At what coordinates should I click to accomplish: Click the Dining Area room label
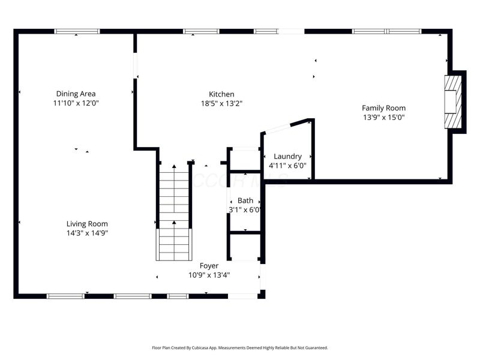(76, 94)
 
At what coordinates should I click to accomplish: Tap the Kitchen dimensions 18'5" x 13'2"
(221, 103)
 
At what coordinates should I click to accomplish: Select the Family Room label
(383, 108)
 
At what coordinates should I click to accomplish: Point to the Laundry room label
(287, 157)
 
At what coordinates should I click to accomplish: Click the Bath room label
(245, 200)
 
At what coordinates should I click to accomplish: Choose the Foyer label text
(209, 266)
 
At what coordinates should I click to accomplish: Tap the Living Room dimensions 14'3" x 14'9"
(87, 233)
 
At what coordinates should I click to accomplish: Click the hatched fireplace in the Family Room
(454, 102)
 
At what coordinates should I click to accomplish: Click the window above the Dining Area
(77, 31)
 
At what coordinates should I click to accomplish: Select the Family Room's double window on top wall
(386, 31)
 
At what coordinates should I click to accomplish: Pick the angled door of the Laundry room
(277, 128)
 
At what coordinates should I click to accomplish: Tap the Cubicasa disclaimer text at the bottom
(239, 348)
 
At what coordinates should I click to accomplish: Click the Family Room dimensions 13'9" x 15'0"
(384, 117)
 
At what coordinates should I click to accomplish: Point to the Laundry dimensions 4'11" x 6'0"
(287, 166)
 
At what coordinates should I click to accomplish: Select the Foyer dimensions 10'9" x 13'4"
(209, 275)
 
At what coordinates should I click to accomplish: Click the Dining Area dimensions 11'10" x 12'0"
(76, 103)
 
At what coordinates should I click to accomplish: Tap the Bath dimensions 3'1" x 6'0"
(245, 209)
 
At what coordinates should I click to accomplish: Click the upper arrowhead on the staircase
(174, 166)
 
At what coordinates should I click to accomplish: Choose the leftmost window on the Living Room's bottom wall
(65, 296)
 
